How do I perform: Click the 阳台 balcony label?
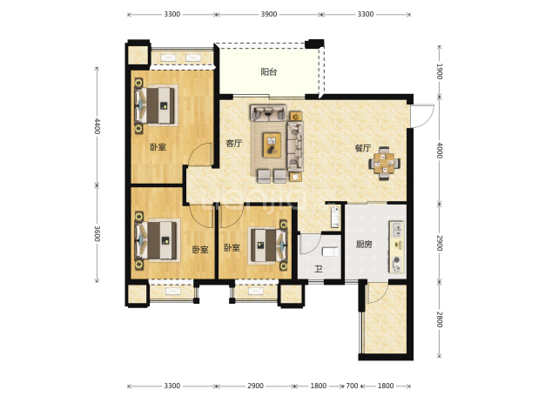269,72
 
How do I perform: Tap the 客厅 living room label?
233,143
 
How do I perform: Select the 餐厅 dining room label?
363,148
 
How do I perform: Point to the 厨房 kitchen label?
364,245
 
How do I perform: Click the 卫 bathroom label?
319,269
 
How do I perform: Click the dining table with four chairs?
384,164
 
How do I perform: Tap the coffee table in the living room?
272,144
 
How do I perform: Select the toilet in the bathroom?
331,252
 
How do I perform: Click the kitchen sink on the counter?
397,229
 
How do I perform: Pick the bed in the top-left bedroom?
156,105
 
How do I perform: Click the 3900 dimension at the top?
269,14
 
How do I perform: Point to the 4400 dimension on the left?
98,126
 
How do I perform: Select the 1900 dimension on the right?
440,71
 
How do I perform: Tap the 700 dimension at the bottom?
352,386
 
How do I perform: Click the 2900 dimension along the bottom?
255,386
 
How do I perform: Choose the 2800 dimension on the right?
440,319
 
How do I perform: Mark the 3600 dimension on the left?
98,233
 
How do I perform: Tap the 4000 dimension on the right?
440,151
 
